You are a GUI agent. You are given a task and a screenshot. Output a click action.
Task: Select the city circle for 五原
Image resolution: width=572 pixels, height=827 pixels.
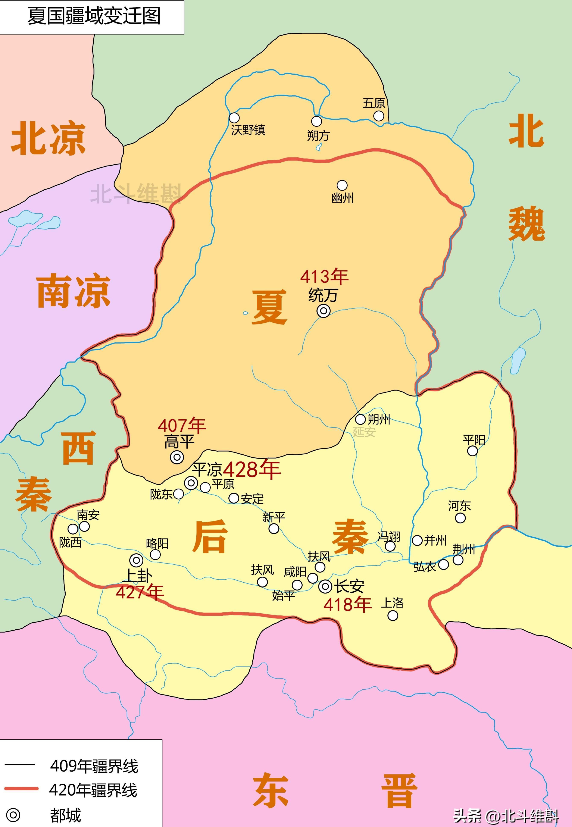pyautogui.click(x=378, y=116)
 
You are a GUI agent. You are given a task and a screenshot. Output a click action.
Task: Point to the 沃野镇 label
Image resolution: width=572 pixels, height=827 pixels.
pyautogui.click(x=248, y=130)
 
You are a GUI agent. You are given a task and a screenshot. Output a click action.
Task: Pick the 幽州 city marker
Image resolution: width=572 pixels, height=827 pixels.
pyautogui.click(x=342, y=185)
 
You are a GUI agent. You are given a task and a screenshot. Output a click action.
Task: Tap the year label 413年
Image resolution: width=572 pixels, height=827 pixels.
pyautogui.click(x=324, y=277)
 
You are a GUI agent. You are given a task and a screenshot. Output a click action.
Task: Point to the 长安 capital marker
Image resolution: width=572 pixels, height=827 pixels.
pyautogui.click(x=325, y=587)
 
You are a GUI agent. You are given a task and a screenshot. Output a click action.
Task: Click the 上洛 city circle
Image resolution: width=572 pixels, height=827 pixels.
pyautogui.click(x=393, y=615)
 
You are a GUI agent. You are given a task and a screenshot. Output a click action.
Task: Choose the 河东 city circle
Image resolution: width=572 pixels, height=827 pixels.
pyautogui.click(x=460, y=518)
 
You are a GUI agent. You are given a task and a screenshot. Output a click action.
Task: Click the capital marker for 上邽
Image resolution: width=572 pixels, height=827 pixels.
pyautogui.click(x=136, y=560)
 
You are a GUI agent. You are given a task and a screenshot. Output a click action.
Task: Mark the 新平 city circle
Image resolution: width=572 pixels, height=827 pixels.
pyautogui.click(x=274, y=529)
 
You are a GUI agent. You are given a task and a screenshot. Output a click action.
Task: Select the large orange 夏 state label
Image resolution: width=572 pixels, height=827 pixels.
pyautogui.click(x=269, y=307)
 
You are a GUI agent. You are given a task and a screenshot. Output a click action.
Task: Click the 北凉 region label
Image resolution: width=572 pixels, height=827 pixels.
pyautogui.click(x=48, y=138)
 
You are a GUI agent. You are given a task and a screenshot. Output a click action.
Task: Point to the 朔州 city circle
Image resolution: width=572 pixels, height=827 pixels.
pyautogui.click(x=360, y=419)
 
